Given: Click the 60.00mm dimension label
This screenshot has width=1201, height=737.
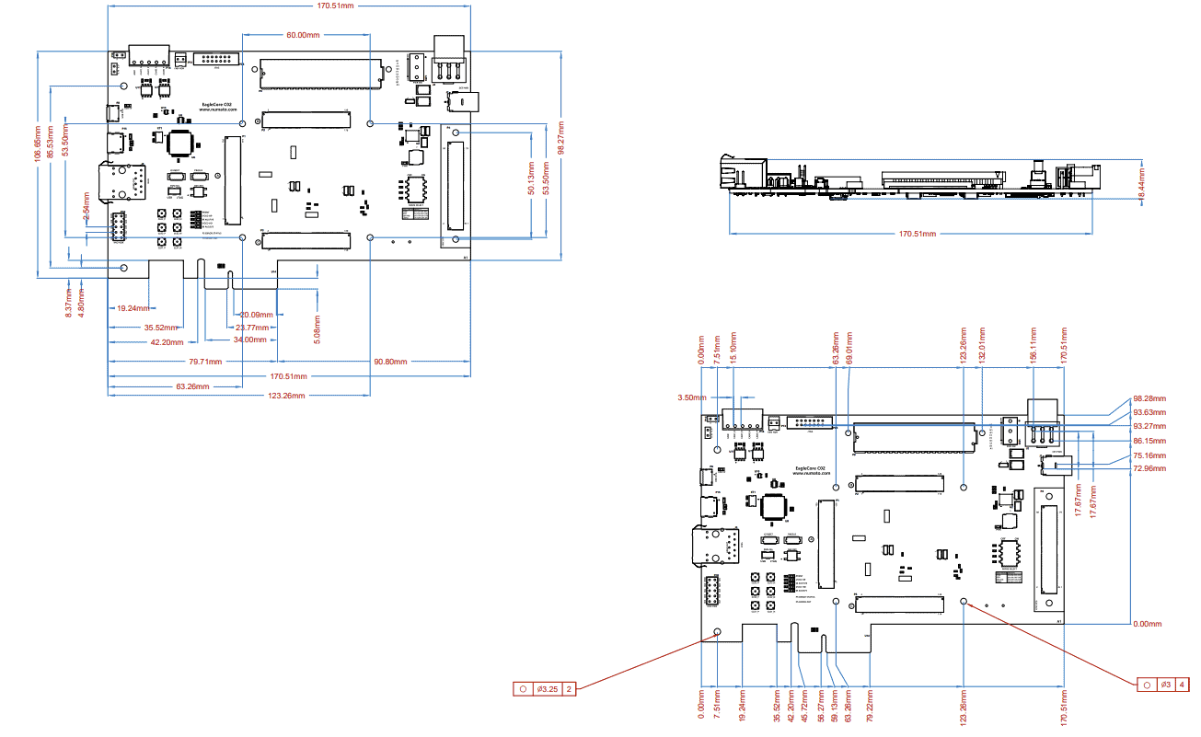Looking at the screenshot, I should tap(303, 35).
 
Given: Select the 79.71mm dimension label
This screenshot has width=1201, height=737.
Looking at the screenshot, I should tap(206, 362).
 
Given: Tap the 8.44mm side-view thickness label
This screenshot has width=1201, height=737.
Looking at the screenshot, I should tap(1142, 184).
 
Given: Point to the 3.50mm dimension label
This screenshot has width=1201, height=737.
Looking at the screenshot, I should tap(691, 397).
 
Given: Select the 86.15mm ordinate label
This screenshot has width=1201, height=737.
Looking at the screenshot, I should tap(1149, 441).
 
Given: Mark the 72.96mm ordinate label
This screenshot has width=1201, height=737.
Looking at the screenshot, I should tap(1149, 468).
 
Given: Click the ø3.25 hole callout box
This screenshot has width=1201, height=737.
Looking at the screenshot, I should tap(545, 688).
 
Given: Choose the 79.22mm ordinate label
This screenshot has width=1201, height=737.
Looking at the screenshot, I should tap(870, 709).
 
